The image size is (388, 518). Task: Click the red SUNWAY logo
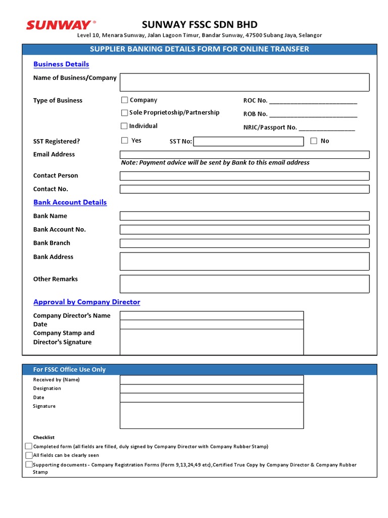point(59,24)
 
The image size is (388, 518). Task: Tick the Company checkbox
point(124,100)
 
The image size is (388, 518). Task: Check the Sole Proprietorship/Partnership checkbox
point(124,113)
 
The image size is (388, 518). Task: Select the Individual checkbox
point(124,126)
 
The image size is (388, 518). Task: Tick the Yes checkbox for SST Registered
point(124,141)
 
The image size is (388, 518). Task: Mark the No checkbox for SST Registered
point(314,141)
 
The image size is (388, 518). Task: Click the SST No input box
point(248,142)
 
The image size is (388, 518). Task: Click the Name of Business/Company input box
point(244,82)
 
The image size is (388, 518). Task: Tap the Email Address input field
point(244,154)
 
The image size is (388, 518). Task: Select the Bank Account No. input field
point(244,230)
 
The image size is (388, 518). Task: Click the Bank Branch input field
point(244,243)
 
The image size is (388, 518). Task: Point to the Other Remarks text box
point(244,284)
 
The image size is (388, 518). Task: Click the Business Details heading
point(61,64)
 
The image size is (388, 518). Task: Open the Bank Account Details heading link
point(70,202)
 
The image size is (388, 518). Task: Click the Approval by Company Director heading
point(86,302)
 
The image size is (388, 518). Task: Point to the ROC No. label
point(255,101)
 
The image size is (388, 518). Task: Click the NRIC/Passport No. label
point(270,128)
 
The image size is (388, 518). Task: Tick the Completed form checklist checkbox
point(29,446)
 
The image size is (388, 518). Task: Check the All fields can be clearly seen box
point(29,455)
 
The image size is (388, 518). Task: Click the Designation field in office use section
point(211,388)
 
